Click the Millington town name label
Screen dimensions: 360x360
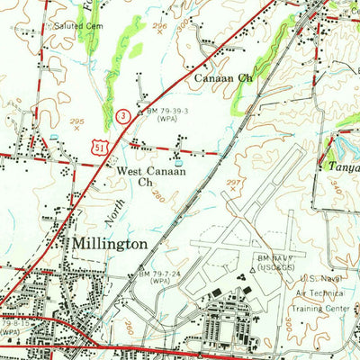point(110,245)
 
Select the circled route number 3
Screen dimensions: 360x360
point(121,113)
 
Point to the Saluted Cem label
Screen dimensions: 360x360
point(78,26)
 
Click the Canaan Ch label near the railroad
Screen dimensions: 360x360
point(222,79)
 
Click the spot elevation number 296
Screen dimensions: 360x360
point(160,27)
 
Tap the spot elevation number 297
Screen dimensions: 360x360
point(234,183)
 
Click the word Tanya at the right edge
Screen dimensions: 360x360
point(341,166)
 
